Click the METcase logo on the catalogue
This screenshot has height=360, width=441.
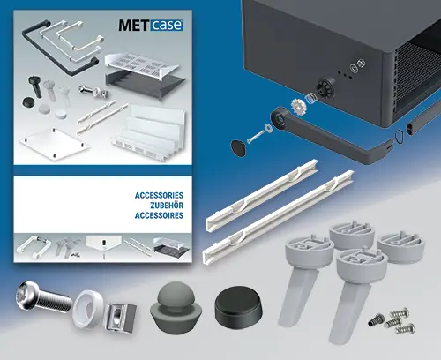(150, 26)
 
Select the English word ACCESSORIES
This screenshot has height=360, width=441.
(154, 192)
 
